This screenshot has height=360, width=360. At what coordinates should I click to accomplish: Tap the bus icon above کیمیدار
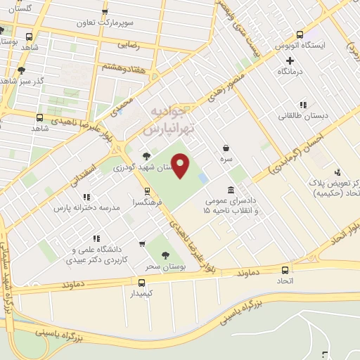[x=142, y=282]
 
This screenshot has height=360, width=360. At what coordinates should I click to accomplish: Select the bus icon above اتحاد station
[x=285, y=270]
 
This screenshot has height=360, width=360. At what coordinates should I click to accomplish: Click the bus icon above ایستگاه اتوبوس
[x=300, y=34]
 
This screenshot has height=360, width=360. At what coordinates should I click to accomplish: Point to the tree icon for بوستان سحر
[x=166, y=256]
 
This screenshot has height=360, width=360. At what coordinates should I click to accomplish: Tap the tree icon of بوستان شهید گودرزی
[x=146, y=156]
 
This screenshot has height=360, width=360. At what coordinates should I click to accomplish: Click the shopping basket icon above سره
[x=226, y=148]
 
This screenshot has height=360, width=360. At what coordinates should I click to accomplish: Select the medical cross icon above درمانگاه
[x=290, y=60]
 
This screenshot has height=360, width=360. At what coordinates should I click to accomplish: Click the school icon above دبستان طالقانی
[x=302, y=104]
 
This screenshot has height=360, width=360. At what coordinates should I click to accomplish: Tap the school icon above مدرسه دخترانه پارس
[x=86, y=198]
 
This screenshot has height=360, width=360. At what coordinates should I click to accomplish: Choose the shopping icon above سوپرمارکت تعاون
[x=105, y=12]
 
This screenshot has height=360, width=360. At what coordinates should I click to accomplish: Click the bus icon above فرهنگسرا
[x=147, y=190]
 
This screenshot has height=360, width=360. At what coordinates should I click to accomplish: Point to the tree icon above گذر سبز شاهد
[x=22, y=70]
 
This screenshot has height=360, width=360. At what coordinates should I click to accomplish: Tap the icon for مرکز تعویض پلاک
[x=338, y=171]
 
